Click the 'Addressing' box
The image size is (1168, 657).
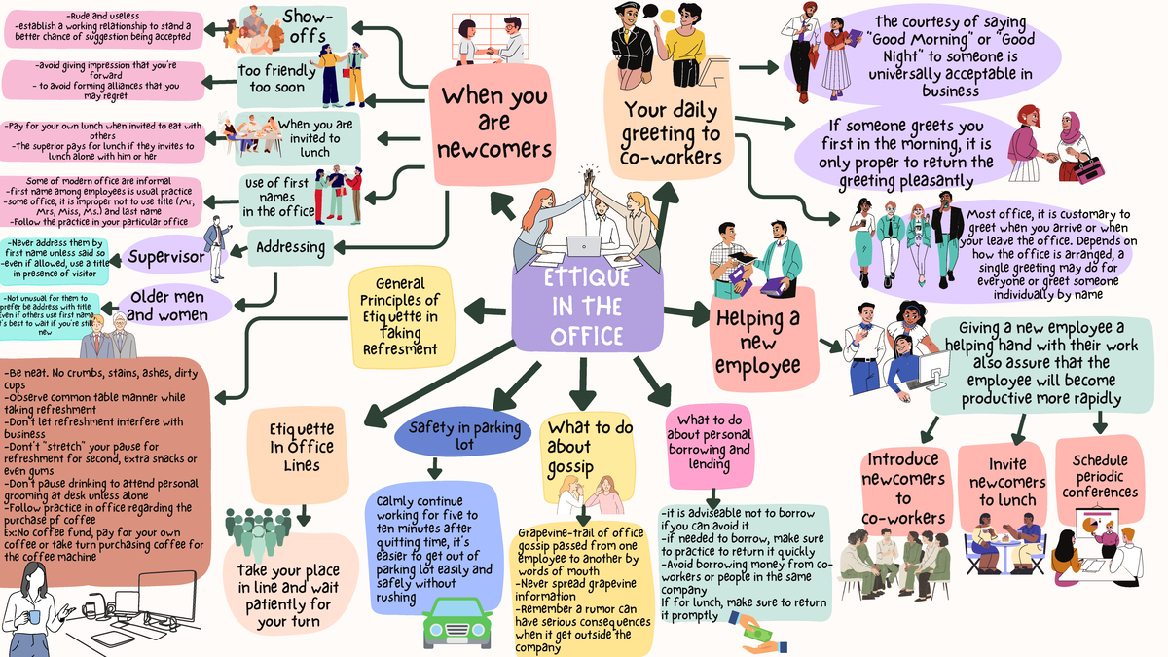[x=291, y=247]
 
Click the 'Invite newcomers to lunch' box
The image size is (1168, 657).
[x=1001, y=481]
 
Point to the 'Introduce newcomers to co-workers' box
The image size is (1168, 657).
[x=902, y=488]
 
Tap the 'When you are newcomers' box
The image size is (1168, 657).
[x=493, y=124]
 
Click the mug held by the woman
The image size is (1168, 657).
[x=35, y=615]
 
